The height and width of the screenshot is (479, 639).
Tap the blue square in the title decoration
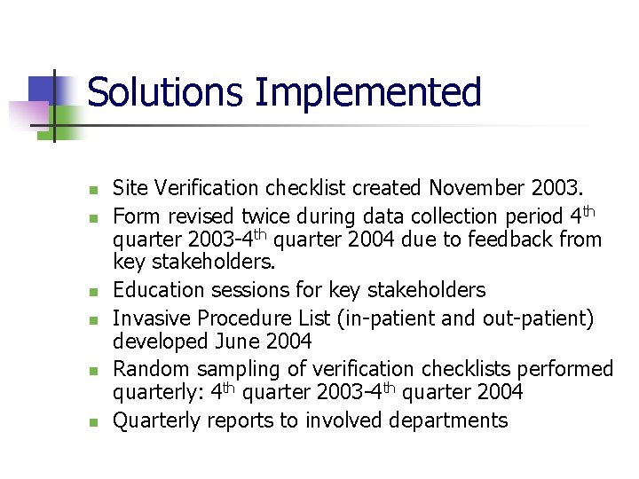pos(43,89)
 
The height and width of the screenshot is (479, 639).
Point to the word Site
pos(130,188)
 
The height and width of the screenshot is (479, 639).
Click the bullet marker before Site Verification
pos(91,190)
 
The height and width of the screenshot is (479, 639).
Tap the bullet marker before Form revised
pos(91,217)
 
